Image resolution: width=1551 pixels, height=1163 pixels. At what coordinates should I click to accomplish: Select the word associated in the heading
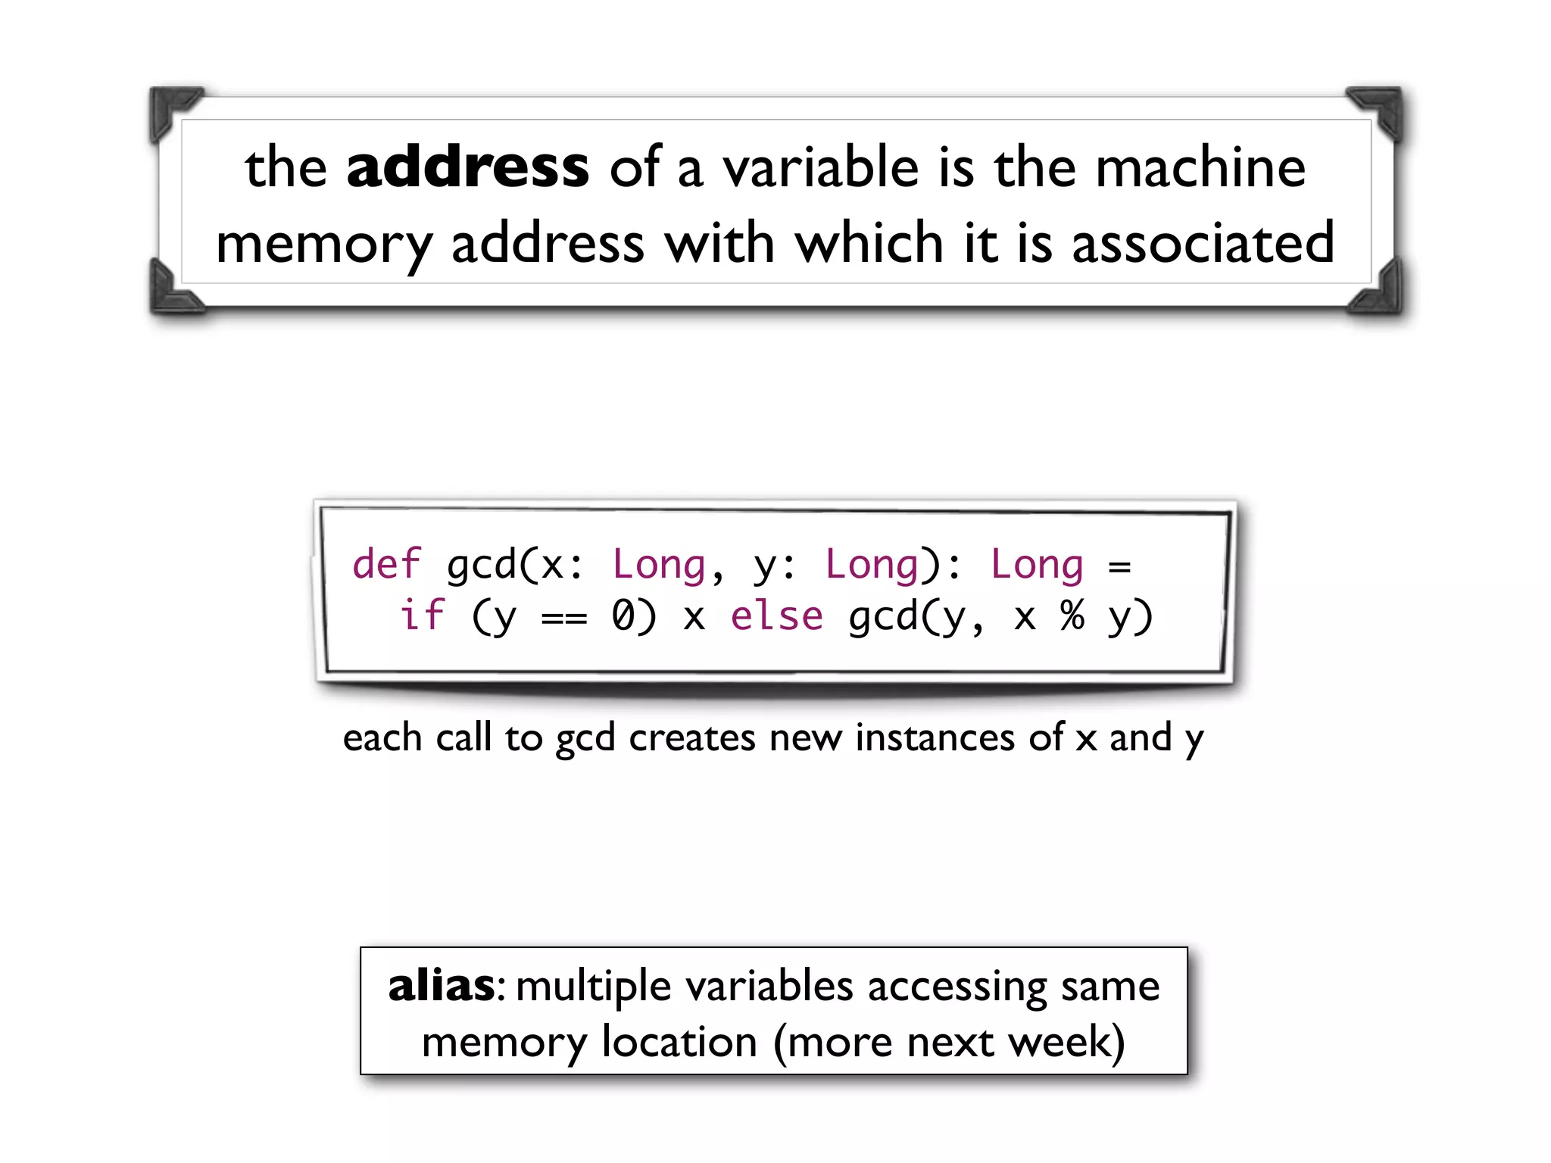(x=1203, y=243)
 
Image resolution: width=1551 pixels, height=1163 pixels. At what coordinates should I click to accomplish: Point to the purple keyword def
(x=386, y=565)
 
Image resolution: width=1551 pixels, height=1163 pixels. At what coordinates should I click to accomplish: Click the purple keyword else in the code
(x=776, y=616)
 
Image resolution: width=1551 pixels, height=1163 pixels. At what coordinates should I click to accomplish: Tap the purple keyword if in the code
(x=422, y=616)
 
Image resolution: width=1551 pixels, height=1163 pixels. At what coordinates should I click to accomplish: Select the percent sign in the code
(x=1072, y=616)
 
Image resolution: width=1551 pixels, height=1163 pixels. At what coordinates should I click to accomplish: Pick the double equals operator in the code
(x=564, y=619)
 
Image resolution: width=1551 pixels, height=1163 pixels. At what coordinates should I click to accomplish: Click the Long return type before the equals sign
(x=1037, y=565)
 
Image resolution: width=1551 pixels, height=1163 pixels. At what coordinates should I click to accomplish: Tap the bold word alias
(x=442, y=987)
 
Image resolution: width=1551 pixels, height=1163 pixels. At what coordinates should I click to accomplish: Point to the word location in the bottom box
(x=679, y=1043)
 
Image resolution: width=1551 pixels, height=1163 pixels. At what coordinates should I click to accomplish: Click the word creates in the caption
(x=691, y=738)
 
